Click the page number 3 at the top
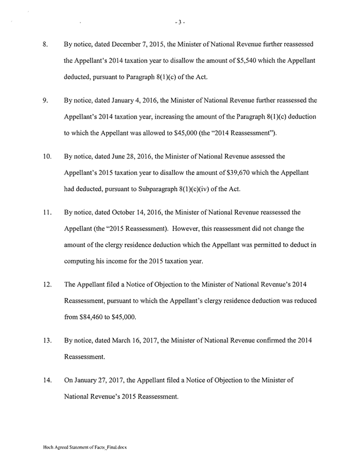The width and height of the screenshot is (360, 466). [180, 23]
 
